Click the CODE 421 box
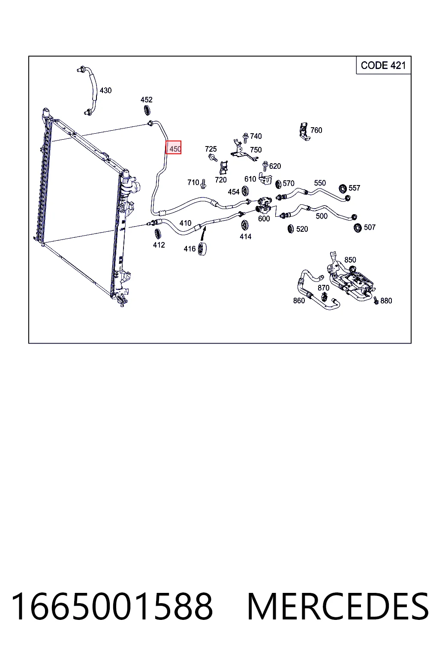pyautogui.click(x=383, y=65)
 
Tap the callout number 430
pyautogui.click(x=105, y=90)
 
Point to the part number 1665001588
pyautogui.click(x=112, y=607)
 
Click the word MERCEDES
pyautogui.click(x=338, y=607)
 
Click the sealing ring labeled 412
pyautogui.click(x=158, y=233)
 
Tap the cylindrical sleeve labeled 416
pyautogui.click(x=202, y=249)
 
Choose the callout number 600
pyautogui.click(x=264, y=219)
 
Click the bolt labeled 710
pyautogui.click(x=203, y=184)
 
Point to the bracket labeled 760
pyautogui.click(x=304, y=132)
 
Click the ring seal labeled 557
pyautogui.click(x=343, y=189)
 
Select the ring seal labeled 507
pyautogui.click(x=358, y=228)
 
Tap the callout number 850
pyautogui.click(x=350, y=260)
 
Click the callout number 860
pyautogui.click(x=299, y=301)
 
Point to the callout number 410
pyautogui.click(x=185, y=223)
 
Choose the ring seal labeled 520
pyautogui.click(x=291, y=229)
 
